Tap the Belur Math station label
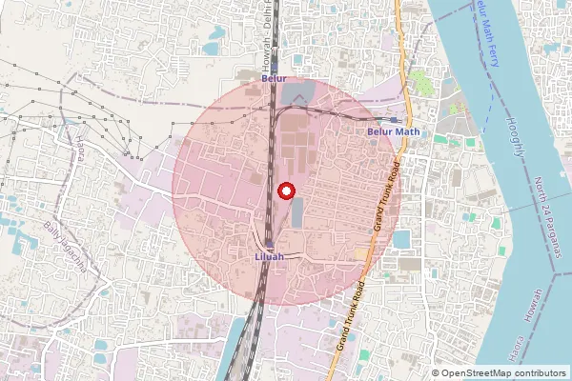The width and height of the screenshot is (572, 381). [x=393, y=132]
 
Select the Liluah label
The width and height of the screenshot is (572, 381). [x=270, y=257]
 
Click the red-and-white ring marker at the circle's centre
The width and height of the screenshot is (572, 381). [x=284, y=190]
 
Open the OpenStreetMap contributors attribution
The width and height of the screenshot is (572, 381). [x=504, y=373]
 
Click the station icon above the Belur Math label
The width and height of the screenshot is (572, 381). [x=394, y=120]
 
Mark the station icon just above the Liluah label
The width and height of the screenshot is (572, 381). [x=270, y=245]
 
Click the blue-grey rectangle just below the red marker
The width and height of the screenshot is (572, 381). [x=296, y=212]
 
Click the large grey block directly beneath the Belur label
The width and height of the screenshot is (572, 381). [x=297, y=93]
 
